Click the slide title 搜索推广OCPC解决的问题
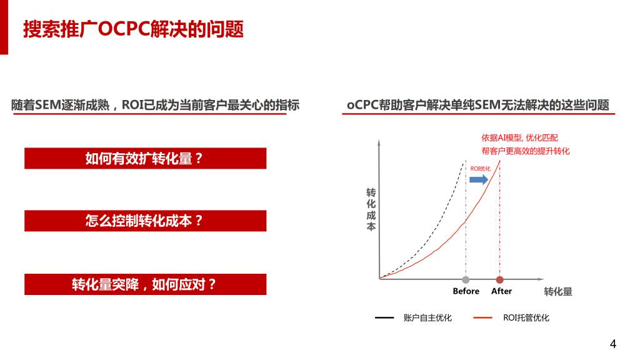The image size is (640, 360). [x=133, y=29]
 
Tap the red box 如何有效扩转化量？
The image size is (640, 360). [x=145, y=158]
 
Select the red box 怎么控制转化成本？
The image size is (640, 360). [x=145, y=221]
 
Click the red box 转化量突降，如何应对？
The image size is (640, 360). [x=145, y=284]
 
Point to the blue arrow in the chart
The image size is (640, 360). [x=479, y=179]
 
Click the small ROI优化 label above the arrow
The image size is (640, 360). [x=481, y=169]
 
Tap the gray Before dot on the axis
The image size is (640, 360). [x=466, y=279]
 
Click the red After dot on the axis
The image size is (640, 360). [x=499, y=279]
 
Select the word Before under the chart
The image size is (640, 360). [x=466, y=291]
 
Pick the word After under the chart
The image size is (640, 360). [x=501, y=291]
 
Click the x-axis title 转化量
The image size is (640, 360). [x=558, y=291]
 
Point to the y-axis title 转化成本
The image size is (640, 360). [x=371, y=209]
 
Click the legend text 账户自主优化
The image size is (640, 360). [x=427, y=317]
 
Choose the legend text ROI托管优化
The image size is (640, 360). [x=526, y=317]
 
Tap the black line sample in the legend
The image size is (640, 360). [x=384, y=317]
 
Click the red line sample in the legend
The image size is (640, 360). [x=483, y=317]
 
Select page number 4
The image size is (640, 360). [x=612, y=344]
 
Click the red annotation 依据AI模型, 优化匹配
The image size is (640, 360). [x=519, y=137]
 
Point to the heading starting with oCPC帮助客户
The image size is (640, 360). [x=478, y=105]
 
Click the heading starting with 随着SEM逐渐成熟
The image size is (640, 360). [x=155, y=105]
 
